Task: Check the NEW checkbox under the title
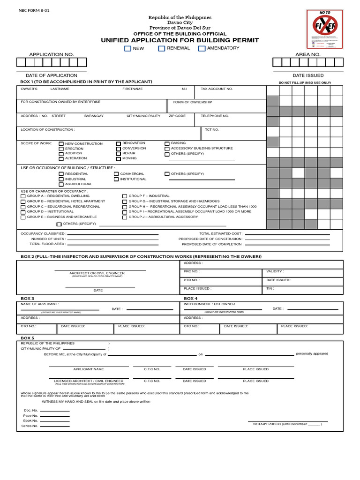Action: point(127,48)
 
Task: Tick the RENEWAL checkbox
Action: point(162,48)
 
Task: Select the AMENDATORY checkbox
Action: point(202,48)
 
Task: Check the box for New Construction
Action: point(61,144)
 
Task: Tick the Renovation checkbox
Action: point(118,143)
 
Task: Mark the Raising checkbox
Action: point(167,143)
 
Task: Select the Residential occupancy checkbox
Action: point(61,174)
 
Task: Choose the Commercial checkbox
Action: point(116,174)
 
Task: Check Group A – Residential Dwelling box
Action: point(23,196)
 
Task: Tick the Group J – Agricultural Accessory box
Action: point(125,217)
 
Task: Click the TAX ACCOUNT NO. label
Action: point(217,89)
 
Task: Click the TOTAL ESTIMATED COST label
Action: point(221,233)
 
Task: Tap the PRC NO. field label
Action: point(192,271)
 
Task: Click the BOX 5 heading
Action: point(28,338)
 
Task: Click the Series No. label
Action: point(30,426)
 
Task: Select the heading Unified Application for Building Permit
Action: point(180,40)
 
